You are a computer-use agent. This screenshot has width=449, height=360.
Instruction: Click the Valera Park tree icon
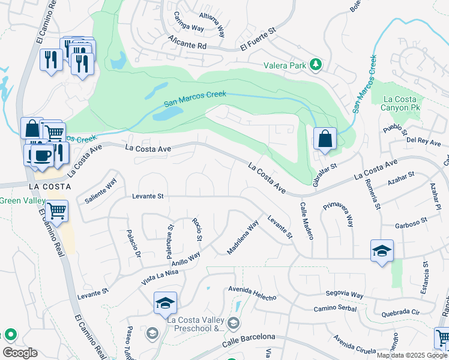[x=315, y=64]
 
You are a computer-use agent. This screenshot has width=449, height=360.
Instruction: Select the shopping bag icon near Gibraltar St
[x=324, y=139]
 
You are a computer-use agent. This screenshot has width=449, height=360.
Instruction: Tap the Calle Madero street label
[x=305, y=220]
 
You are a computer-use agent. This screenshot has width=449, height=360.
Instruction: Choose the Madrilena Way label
[x=243, y=237]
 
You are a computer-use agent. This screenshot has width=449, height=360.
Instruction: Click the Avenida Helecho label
[x=252, y=293]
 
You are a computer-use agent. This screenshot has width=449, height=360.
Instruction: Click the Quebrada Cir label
[x=399, y=312]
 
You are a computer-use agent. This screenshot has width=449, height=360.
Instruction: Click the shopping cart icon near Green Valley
[x=56, y=211]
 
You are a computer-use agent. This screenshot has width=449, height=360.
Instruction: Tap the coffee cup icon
[x=41, y=155]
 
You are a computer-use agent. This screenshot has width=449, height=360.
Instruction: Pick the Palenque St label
[x=170, y=238]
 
